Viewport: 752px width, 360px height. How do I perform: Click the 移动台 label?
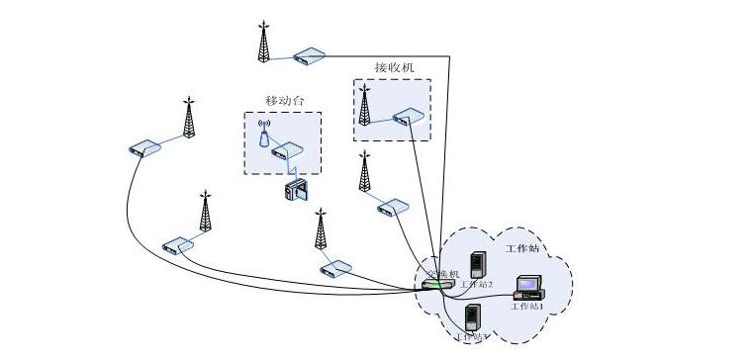click(x=284, y=100)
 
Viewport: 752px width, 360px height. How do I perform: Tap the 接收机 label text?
click(x=394, y=67)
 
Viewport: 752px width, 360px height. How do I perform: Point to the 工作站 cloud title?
click(x=522, y=247)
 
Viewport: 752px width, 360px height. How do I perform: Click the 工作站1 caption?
click(x=527, y=307)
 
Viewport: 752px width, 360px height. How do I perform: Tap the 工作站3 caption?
click(x=473, y=337)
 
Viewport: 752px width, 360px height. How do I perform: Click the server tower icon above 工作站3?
click(x=474, y=316)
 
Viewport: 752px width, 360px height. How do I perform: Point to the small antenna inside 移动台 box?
click(x=264, y=133)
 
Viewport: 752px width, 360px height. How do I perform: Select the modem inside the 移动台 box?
click(x=287, y=151)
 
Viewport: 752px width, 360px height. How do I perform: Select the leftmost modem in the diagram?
click(x=144, y=148)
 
